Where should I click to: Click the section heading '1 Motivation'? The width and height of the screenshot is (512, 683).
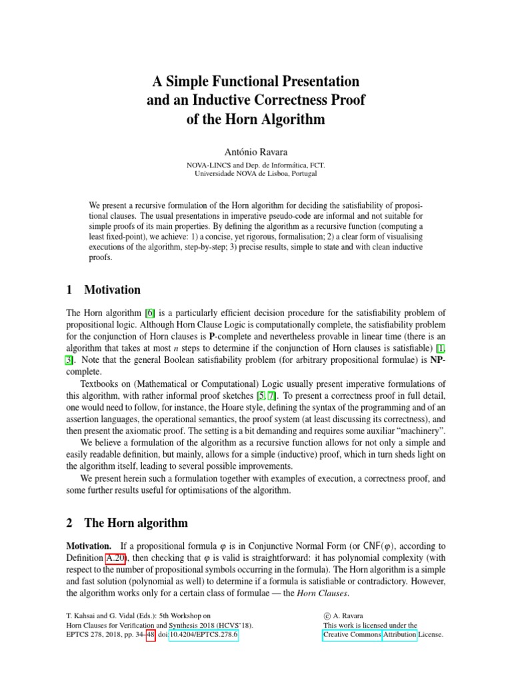pyautogui.click(x=104, y=289)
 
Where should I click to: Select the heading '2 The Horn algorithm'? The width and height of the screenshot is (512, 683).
pyautogui.click(x=127, y=522)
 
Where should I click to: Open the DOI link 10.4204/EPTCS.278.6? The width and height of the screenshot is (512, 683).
pyautogui.click(x=203, y=635)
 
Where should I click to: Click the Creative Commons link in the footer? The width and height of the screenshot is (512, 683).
pyautogui.click(x=351, y=635)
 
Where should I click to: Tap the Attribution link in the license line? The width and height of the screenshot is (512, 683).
pyautogui.click(x=399, y=635)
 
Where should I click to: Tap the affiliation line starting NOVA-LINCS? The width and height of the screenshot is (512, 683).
pyautogui.click(x=255, y=163)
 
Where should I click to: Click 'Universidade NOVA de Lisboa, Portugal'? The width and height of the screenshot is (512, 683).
pyautogui.click(x=255, y=173)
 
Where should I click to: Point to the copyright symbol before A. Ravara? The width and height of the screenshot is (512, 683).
pyautogui.click(x=327, y=617)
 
